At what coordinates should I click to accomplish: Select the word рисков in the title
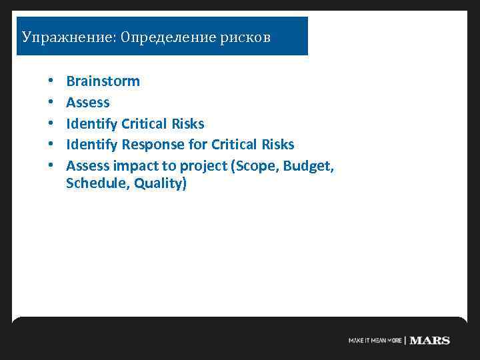[245, 37]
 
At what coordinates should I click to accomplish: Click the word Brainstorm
[103, 81]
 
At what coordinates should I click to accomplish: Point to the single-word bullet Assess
[88, 103]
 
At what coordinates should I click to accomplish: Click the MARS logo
[429, 340]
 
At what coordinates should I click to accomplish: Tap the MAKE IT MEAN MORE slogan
[375, 341]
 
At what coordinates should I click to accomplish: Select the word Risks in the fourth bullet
[275, 145]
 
